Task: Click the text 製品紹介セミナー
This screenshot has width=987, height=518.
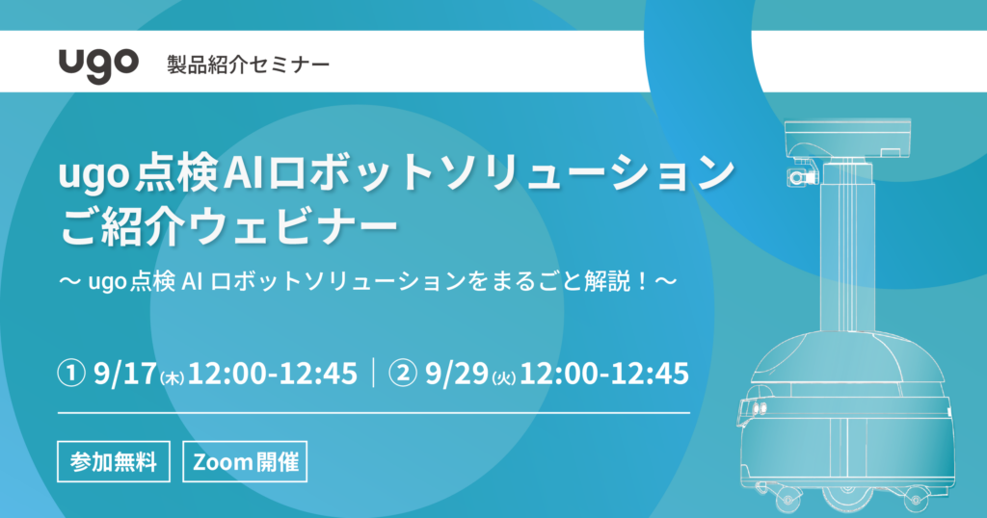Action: coord(248,65)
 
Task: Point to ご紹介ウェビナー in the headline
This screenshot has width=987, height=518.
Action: coord(229,226)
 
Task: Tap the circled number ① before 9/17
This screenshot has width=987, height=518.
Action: coord(71,374)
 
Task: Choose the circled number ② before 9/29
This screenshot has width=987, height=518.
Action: coord(403,374)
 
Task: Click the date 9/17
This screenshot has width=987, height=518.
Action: coord(124,374)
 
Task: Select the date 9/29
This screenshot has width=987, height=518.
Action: coord(457,374)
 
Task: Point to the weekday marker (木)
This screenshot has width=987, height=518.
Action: coord(172,377)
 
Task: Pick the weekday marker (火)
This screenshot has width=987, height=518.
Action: coord(504,377)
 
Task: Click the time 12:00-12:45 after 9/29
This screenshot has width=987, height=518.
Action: coord(604,374)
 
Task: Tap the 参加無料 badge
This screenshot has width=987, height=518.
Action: coord(114,462)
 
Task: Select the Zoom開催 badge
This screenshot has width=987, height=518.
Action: coord(245,462)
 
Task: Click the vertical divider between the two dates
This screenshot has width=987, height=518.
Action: coord(374,373)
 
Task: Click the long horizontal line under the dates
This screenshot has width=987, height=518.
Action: coord(374,413)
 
